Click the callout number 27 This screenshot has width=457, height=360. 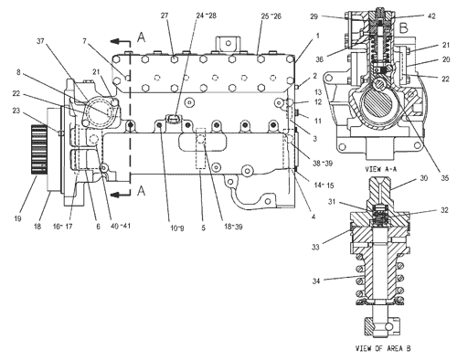(x=165, y=16)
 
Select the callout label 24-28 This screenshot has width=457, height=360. (x=207, y=16)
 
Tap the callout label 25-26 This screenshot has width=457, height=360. (x=271, y=16)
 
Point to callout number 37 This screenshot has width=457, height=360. (x=41, y=41)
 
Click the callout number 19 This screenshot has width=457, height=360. (x=18, y=218)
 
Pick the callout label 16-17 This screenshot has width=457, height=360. (x=62, y=227)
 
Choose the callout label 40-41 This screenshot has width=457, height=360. (x=120, y=227)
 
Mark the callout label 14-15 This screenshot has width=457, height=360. (x=324, y=185)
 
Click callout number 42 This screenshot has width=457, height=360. (x=431, y=16)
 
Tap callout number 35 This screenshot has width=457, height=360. (x=445, y=178)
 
